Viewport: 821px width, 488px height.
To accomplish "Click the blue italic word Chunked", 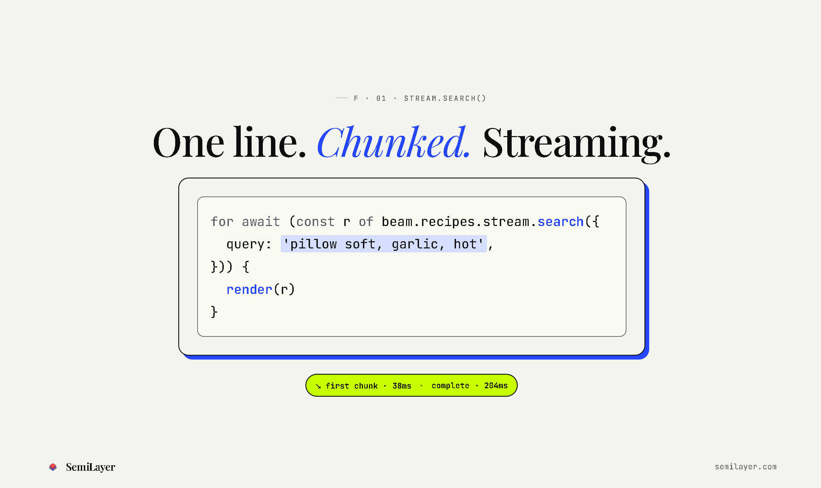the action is (x=394, y=142).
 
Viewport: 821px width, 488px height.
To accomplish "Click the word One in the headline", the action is (x=188, y=143).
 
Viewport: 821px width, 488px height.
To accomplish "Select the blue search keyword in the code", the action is (x=561, y=222).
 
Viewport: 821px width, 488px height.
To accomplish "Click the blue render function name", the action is (x=249, y=289).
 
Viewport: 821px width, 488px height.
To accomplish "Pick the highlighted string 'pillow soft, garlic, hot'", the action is (x=384, y=244).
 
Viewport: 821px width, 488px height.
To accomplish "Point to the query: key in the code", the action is (x=249, y=244).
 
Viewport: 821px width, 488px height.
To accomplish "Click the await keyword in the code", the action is (x=261, y=222).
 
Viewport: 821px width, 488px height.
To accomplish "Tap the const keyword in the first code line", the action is (x=315, y=222).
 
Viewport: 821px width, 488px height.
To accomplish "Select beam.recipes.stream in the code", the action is (x=455, y=222).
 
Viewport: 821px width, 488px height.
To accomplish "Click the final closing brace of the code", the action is (x=214, y=312).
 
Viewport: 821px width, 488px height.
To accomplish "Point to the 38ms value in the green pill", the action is (x=402, y=386).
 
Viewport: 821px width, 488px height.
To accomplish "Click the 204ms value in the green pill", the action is (x=496, y=386).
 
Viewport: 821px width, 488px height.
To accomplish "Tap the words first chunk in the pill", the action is (x=351, y=386).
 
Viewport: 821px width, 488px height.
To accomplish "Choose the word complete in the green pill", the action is (x=450, y=386).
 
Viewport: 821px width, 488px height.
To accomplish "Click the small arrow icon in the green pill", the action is (x=318, y=386).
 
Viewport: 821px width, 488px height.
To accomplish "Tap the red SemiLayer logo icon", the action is (x=53, y=467).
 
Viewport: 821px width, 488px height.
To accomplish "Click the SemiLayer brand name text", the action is (x=90, y=467).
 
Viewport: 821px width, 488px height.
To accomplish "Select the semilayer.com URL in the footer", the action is (x=746, y=467).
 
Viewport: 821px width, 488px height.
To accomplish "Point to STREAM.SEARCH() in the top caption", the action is (x=445, y=98).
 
